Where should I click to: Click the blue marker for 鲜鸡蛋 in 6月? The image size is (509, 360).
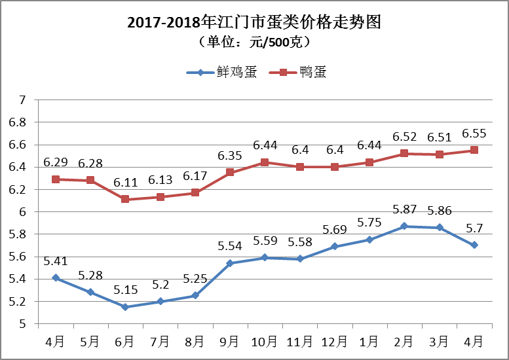point(125,307)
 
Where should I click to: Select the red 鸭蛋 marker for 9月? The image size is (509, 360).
point(230,172)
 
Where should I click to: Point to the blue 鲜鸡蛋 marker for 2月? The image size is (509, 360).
point(404,226)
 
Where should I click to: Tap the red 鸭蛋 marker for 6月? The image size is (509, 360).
point(125,199)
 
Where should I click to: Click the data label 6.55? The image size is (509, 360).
point(474,134)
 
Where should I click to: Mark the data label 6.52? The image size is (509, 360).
point(404,137)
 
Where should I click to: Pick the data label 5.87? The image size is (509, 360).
point(404,209)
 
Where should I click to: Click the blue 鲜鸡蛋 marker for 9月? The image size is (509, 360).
point(230,263)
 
